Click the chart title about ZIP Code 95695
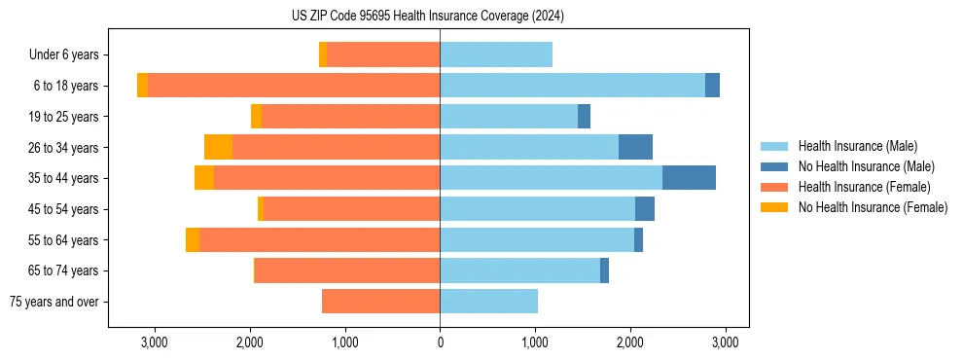(427, 17)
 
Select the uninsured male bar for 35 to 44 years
(689, 178)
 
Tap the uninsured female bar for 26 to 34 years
(218, 147)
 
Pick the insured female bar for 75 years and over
(380, 302)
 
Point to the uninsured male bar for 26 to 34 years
(635, 147)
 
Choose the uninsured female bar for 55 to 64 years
(193, 240)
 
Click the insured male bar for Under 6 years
(496, 54)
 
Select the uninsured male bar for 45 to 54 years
(645, 209)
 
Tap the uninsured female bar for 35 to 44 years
(204, 178)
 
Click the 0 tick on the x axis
(440, 342)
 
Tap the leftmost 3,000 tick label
(155, 342)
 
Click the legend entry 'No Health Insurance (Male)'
(866, 166)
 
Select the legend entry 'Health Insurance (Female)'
(864, 187)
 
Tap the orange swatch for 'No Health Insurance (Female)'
(774, 207)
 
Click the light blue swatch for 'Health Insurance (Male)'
(774, 146)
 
